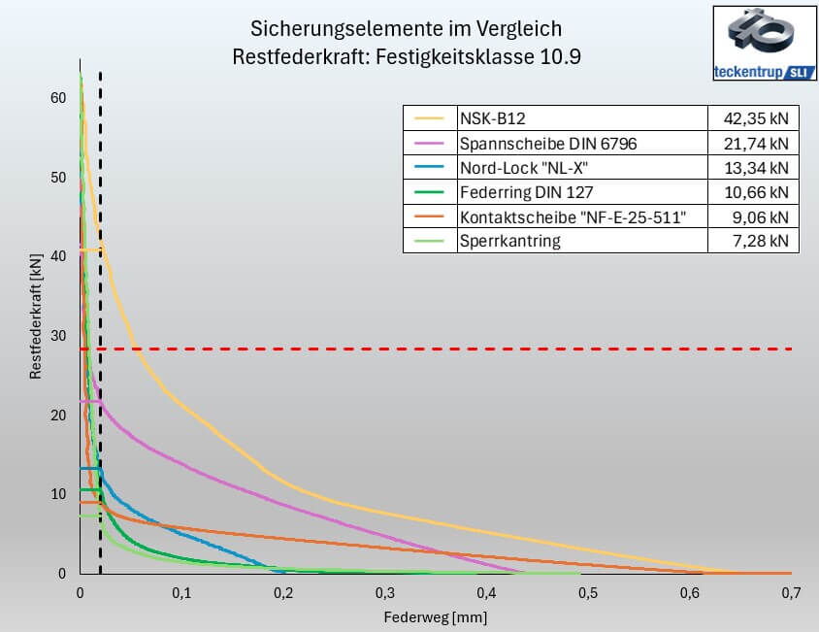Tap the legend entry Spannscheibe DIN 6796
[x=548, y=144]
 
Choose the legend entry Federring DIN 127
[x=525, y=192]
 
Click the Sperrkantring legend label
[x=509, y=241]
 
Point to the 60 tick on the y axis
[x=58, y=98]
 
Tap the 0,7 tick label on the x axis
[x=792, y=591]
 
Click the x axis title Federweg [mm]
[x=435, y=616]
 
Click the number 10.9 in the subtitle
[x=563, y=55]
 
